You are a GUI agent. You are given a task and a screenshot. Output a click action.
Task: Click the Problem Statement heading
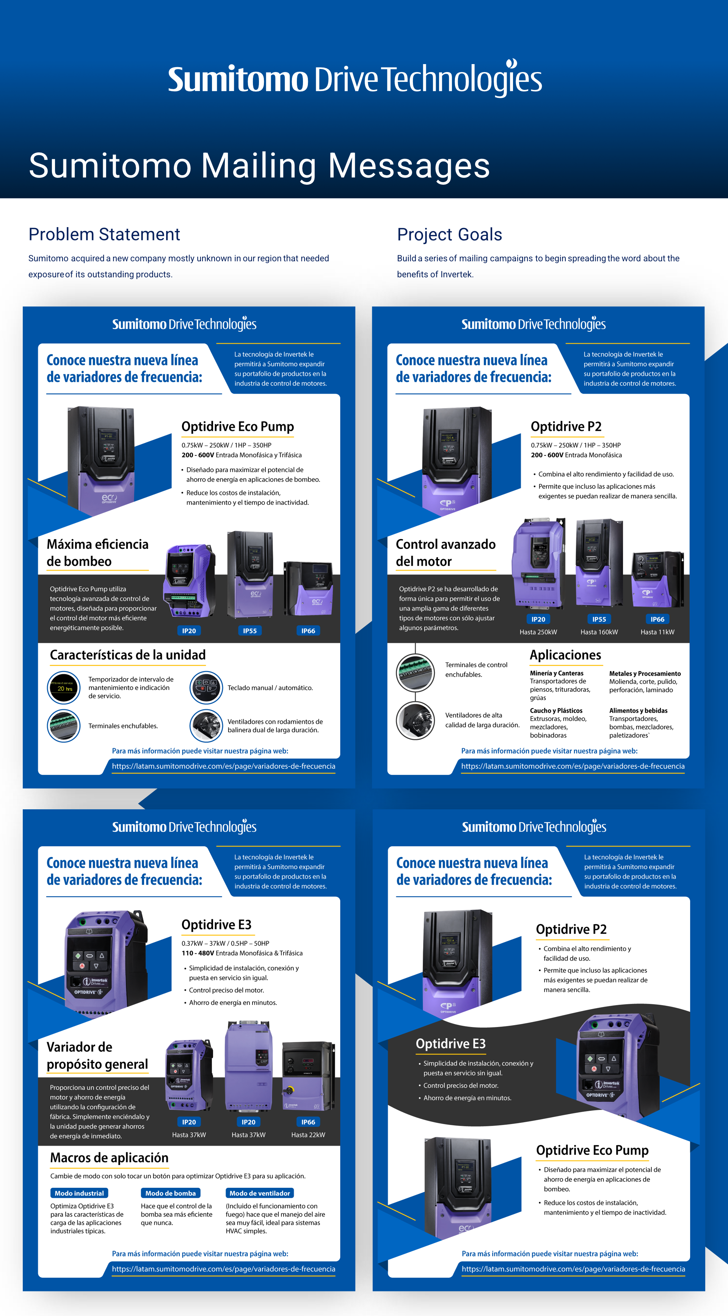point(104,234)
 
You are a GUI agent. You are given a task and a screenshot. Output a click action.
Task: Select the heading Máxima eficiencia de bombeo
point(97,553)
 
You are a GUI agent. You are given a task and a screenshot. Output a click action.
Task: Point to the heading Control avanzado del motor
point(445,553)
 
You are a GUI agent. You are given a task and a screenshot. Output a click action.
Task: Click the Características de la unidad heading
point(128,655)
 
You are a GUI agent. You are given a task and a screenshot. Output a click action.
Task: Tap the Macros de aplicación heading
point(109,1157)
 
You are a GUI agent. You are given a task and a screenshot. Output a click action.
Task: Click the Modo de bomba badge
point(171,1194)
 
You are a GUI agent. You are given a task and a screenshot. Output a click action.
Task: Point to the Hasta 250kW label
point(538,632)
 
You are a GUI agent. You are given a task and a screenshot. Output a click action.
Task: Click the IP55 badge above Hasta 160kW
point(599,619)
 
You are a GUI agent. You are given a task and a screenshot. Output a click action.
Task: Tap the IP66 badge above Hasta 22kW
point(308,1122)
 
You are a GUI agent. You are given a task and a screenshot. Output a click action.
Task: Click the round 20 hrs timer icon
point(64,688)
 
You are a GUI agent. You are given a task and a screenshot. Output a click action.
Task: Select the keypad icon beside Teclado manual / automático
point(206,688)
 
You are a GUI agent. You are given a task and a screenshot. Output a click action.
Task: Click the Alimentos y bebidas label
point(638,711)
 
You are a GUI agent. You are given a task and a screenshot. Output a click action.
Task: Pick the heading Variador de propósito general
point(97,1055)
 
